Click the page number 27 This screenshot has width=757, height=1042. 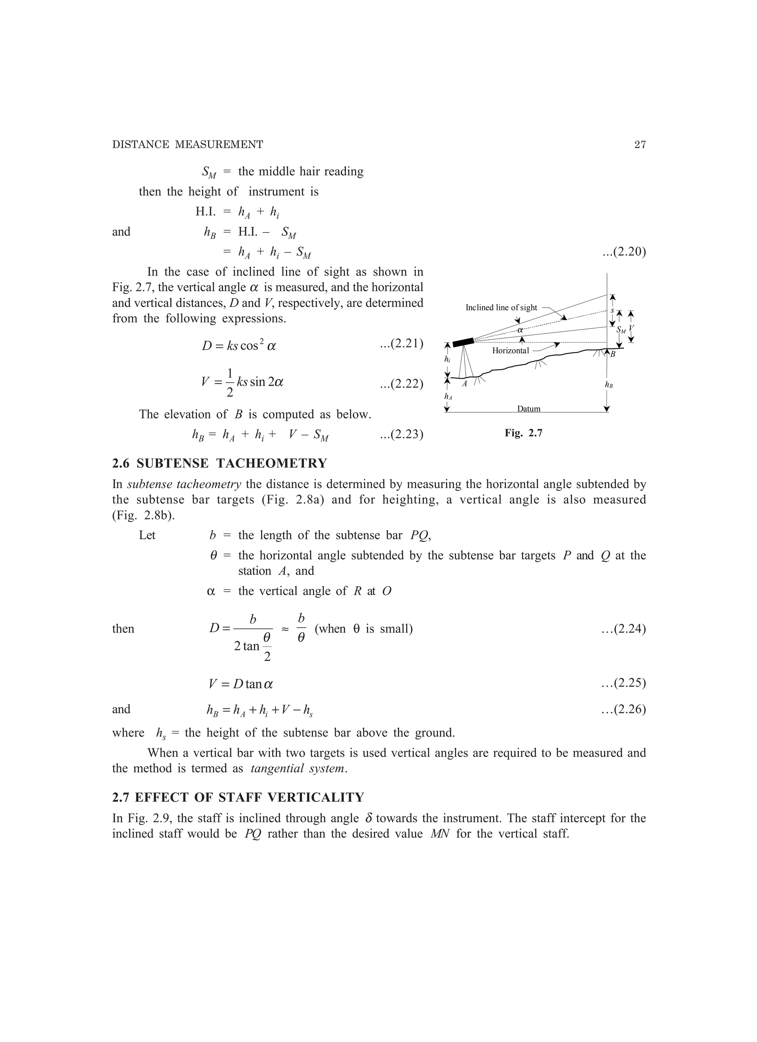(640, 145)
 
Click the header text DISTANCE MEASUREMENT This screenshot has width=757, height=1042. (187, 145)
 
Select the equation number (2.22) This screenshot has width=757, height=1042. (401, 383)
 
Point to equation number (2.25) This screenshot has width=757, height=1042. (623, 683)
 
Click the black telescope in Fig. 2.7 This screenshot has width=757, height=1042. (463, 342)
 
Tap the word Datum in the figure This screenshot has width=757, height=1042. (529, 409)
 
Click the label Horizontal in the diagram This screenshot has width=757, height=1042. (510, 351)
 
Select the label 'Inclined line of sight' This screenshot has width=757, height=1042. (501, 307)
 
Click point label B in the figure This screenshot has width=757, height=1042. (612, 354)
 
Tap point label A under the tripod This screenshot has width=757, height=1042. (464, 383)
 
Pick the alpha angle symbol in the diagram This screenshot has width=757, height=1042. (520, 330)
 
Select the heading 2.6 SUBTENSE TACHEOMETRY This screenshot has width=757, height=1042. (220, 463)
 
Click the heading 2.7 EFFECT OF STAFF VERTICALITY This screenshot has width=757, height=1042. (238, 797)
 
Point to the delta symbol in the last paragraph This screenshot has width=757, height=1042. (369, 818)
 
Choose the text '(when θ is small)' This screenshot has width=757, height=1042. (363, 629)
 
